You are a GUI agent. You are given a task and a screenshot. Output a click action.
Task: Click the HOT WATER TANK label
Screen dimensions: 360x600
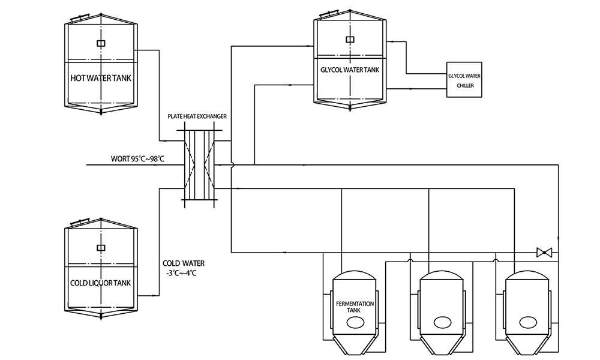click(101, 78)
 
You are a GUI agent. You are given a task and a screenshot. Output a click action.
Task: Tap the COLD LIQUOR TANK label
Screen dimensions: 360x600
click(101, 283)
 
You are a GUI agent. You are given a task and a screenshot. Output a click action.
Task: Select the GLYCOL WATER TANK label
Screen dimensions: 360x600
click(350, 70)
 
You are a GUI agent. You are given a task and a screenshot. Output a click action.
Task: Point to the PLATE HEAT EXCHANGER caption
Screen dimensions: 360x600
click(198, 116)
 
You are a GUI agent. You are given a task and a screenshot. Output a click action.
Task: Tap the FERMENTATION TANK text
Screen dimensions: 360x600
click(356, 307)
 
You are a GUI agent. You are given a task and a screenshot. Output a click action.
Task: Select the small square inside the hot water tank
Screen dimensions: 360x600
click(101, 43)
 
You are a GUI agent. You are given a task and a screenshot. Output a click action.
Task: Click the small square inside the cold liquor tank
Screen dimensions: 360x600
click(101, 247)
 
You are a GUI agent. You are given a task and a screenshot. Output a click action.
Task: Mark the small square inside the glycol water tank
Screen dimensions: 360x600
click(350, 40)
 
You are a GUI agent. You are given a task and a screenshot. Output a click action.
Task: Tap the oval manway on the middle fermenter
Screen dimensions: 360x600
click(443, 322)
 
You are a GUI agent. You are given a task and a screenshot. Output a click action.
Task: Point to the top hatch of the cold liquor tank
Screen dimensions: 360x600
click(80, 223)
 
